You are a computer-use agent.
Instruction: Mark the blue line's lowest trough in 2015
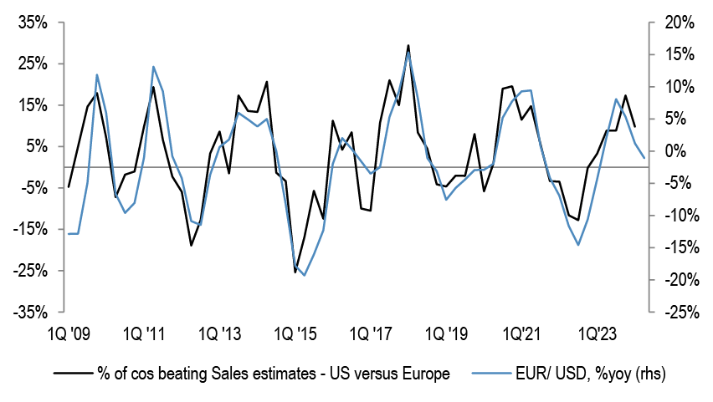point(304,275)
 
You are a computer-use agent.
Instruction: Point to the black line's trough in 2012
point(191,245)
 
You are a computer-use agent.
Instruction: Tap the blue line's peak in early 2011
point(153,67)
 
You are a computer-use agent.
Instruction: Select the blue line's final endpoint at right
point(644,157)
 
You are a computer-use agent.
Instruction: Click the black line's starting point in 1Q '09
point(69,187)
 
